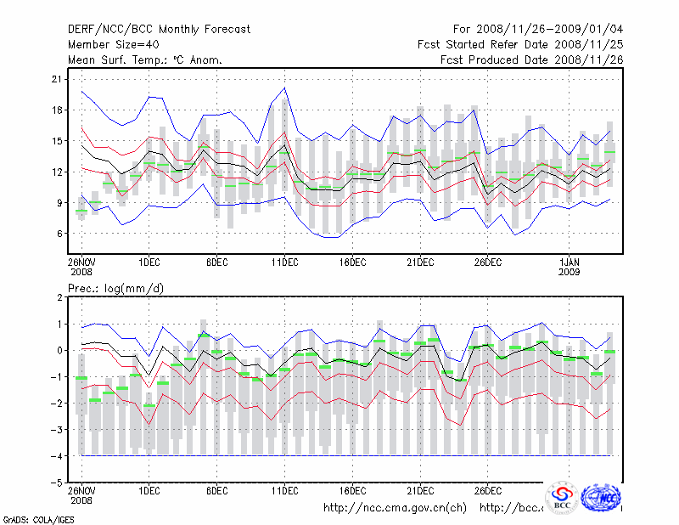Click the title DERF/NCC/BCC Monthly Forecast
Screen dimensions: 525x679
coord(159,30)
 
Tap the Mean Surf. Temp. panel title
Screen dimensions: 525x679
coord(145,59)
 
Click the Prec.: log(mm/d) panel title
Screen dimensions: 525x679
coord(116,288)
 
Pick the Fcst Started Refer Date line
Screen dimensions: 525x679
coord(520,44)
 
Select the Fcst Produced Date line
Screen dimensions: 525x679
coord(531,59)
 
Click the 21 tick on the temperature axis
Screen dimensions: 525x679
coord(58,79)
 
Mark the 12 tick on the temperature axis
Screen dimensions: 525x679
coord(58,172)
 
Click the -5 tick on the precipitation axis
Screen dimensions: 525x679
coord(56,482)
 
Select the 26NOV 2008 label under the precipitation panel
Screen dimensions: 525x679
coord(81,494)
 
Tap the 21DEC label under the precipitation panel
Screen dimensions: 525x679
coord(420,490)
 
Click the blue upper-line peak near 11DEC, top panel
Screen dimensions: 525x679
coord(284,87)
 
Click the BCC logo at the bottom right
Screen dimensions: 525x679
coord(562,499)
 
